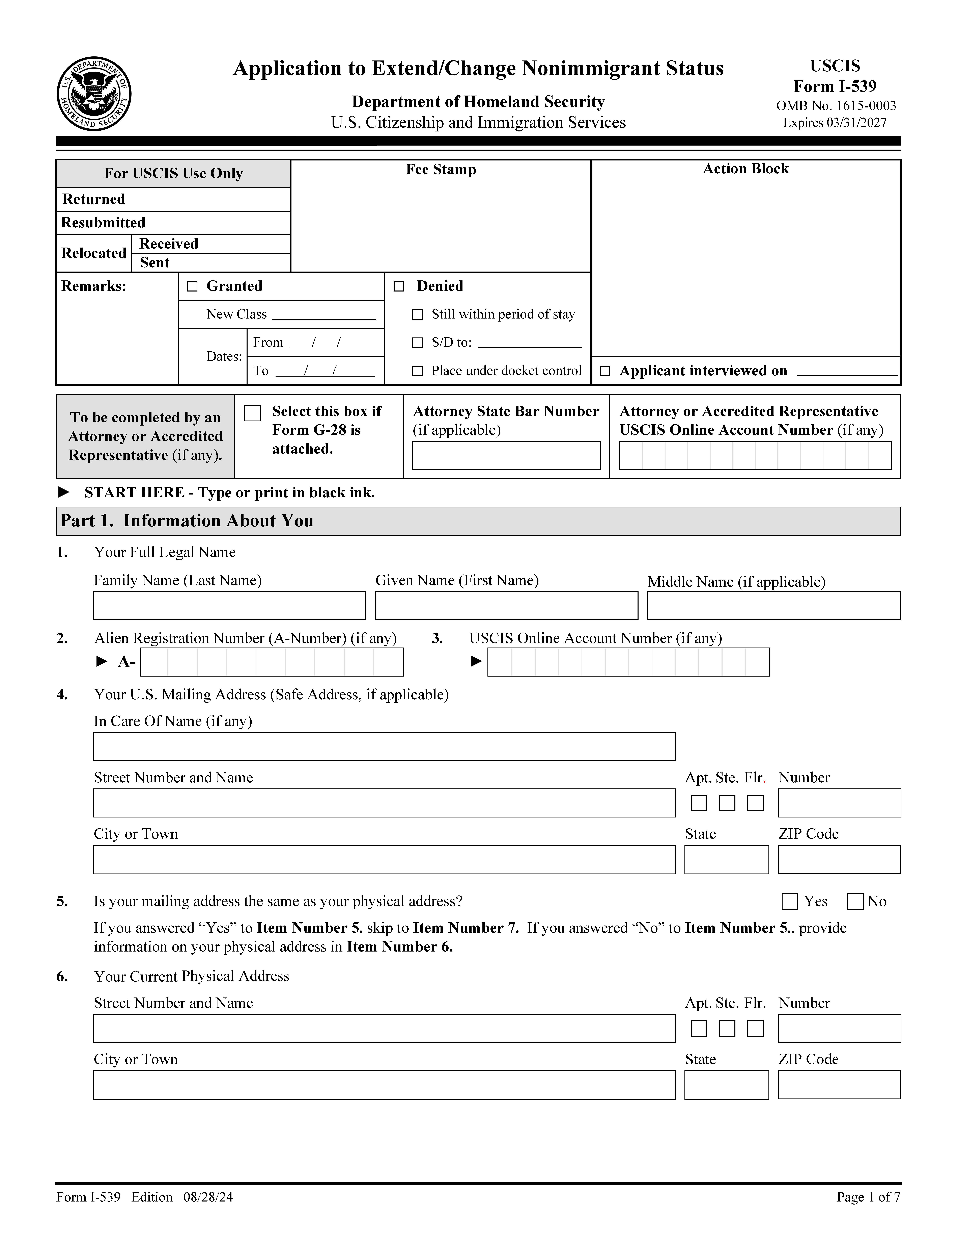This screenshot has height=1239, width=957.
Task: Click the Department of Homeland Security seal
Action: pyautogui.click(x=94, y=94)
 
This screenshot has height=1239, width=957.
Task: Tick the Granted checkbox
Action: pyautogui.click(x=192, y=286)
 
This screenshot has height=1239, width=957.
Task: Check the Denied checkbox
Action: pyautogui.click(x=399, y=286)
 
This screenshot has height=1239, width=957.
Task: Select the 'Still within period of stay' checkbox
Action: pyautogui.click(x=417, y=314)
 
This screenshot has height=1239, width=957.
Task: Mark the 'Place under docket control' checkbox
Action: pyautogui.click(x=417, y=371)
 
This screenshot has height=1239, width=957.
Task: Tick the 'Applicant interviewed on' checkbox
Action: pyautogui.click(x=605, y=371)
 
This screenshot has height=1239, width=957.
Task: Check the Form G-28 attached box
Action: pyautogui.click(x=252, y=413)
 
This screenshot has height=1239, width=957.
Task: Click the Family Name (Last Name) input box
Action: pyautogui.click(x=230, y=606)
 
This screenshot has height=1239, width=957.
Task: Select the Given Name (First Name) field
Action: pyautogui.click(x=506, y=606)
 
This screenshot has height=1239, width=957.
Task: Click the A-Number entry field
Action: pyautogui.click(x=272, y=662)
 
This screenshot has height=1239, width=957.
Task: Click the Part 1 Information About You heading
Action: pyautogui.click(x=187, y=521)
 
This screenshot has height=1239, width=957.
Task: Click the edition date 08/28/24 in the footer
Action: pyautogui.click(x=208, y=1197)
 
